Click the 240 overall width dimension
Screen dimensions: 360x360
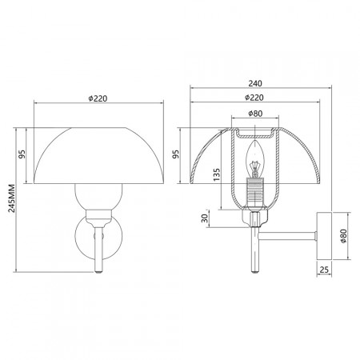(x=255, y=83)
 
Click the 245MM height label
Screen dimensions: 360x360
(x=11, y=198)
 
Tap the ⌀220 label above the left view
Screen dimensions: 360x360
(x=98, y=98)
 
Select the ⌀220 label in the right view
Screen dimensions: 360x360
(x=254, y=98)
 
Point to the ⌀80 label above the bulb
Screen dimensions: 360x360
(x=255, y=114)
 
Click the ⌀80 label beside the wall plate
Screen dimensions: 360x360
(x=343, y=236)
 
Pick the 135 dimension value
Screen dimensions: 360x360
(x=217, y=174)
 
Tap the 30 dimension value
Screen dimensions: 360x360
(x=205, y=218)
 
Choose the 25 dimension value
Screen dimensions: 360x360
(x=324, y=270)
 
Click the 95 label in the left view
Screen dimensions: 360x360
(x=22, y=154)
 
